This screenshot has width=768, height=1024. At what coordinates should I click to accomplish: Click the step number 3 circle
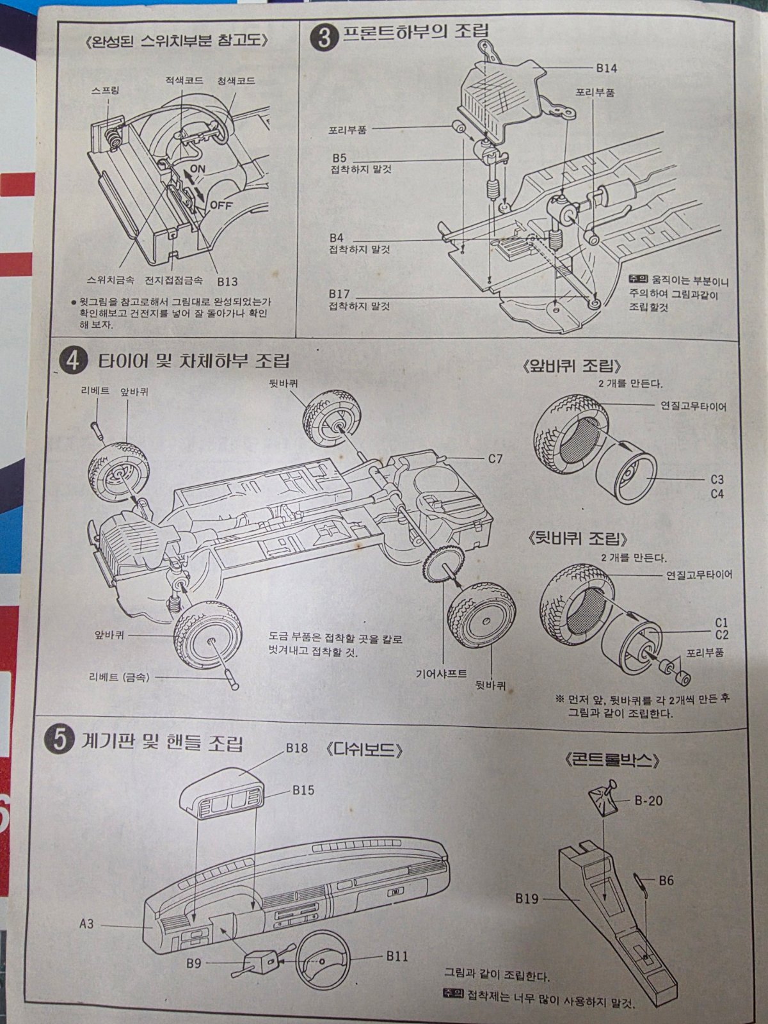click(x=324, y=37)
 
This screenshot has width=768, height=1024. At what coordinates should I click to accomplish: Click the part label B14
click(x=606, y=68)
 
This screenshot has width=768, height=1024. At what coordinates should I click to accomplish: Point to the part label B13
click(x=227, y=281)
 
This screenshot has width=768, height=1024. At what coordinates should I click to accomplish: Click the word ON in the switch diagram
click(x=197, y=168)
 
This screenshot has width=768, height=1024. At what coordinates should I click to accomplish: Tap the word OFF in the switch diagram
click(x=221, y=206)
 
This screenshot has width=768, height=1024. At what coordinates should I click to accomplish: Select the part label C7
click(x=495, y=458)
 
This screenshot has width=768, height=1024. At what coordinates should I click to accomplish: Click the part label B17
click(x=339, y=294)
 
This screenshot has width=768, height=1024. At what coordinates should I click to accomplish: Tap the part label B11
click(x=397, y=956)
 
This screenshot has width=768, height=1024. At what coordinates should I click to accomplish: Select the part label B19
click(x=527, y=899)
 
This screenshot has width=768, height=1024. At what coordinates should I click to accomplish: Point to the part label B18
click(x=297, y=747)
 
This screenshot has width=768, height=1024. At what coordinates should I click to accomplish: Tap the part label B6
click(x=666, y=881)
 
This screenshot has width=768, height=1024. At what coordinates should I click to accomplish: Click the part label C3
click(x=717, y=479)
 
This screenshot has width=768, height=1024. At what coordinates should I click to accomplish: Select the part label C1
click(x=722, y=622)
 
